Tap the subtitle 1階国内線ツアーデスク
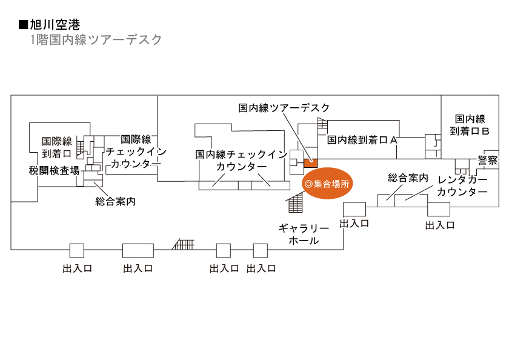click(96, 40)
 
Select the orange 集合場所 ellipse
click(327, 183)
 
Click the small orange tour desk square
click(310, 161)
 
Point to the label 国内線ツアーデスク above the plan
click(284, 108)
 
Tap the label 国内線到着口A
click(362, 140)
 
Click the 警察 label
click(487, 161)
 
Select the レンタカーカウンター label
click(462, 185)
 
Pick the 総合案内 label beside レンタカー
click(408, 178)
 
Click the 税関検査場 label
click(54, 170)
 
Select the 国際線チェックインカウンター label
click(136, 152)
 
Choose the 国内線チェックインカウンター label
click(241, 161)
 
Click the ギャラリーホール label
click(304, 235)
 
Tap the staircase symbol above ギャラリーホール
click(295, 202)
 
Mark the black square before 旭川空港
click(24, 25)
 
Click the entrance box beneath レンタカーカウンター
click(439, 210)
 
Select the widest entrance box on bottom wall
click(138, 250)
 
